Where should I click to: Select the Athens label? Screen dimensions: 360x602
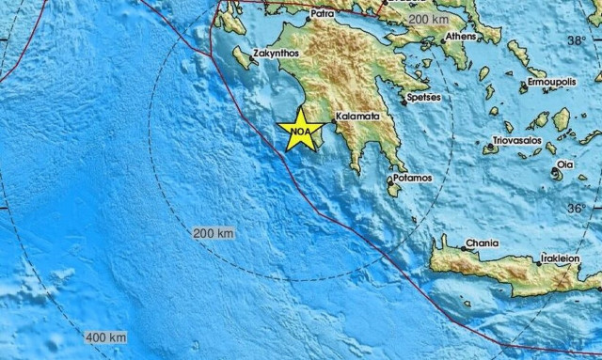point(461,38)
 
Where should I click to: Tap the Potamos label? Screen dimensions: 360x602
point(412,177)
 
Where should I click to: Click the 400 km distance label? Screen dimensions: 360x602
point(105,337)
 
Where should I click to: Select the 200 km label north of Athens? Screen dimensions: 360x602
point(429,19)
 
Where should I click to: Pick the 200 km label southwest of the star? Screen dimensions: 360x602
point(214,232)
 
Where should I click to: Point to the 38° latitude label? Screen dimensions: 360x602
point(576,40)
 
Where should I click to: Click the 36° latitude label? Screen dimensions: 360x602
point(576,208)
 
